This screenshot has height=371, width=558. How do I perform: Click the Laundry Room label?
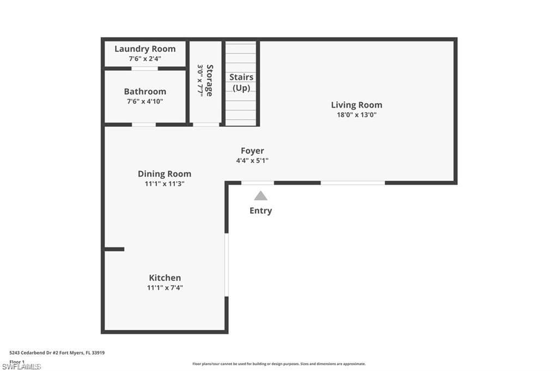[x=145, y=49]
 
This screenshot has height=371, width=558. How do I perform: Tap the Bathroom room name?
[x=145, y=91]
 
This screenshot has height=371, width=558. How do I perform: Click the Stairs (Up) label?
[x=241, y=83]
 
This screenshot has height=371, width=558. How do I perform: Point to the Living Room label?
[x=357, y=105]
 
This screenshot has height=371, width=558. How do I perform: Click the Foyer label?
[x=252, y=151]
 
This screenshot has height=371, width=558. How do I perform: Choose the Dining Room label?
[x=165, y=174]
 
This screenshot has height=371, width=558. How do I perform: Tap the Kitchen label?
[x=165, y=278]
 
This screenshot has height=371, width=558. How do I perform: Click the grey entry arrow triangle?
[x=261, y=196]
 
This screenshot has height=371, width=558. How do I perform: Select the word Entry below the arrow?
[x=260, y=211]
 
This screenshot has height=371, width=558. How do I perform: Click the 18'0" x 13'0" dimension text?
[x=357, y=115]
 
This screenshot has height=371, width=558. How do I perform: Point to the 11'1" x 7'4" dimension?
[x=165, y=288]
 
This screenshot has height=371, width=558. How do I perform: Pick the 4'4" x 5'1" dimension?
[x=252, y=160]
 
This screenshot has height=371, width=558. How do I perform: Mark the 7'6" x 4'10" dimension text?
[x=145, y=101]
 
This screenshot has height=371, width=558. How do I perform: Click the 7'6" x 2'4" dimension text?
[x=145, y=58]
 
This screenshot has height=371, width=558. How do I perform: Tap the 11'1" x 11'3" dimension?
[x=165, y=184]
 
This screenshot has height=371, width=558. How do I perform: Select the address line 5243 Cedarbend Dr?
[x=57, y=353]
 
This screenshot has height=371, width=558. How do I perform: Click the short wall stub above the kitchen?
[x=114, y=249]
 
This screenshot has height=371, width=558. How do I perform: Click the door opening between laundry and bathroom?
[x=144, y=69]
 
